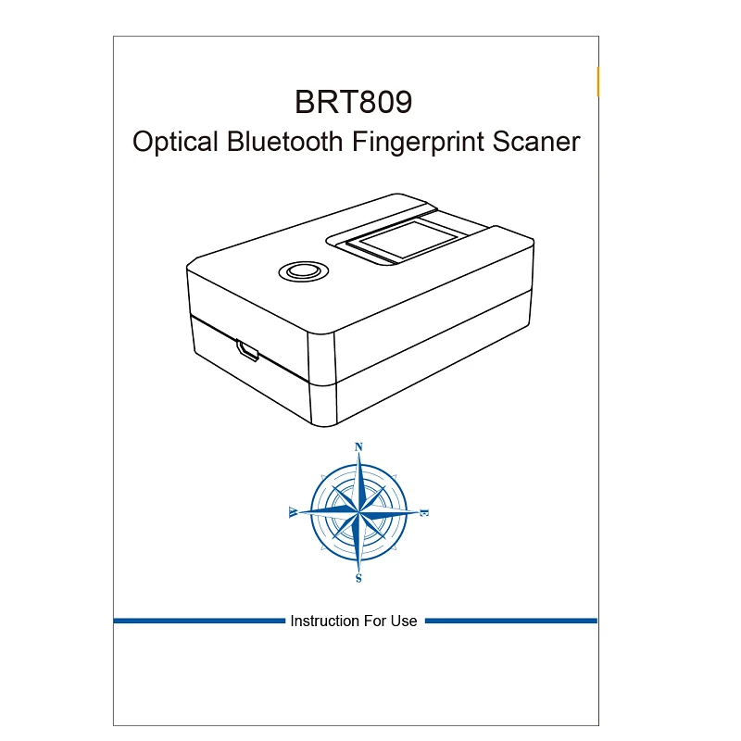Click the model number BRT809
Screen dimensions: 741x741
pos(352,101)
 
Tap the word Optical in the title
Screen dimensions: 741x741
pos(176,143)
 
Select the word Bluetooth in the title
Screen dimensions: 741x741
pos(285,142)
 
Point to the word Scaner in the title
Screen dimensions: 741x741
pos(536,142)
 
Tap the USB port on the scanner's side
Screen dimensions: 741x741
pos(248,350)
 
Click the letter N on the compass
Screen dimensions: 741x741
pos(359,446)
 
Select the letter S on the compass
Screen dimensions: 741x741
pos(359,579)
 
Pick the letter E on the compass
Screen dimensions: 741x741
pos(424,512)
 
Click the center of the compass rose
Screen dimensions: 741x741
pos(359,512)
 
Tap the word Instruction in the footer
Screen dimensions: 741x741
pos(323,621)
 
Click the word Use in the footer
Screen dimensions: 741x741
pos(404,621)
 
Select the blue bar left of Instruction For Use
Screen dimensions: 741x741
pos(199,621)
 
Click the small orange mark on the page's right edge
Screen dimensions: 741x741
pos(598,82)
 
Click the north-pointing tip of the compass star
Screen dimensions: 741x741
pos(359,460)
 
